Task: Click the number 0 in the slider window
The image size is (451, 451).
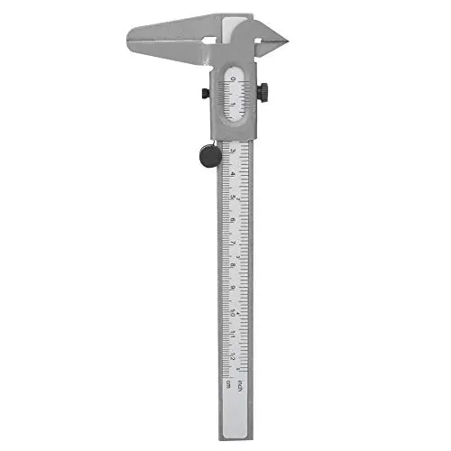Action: [x=232, y=80]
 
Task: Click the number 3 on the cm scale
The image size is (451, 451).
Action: [x=233, y=152]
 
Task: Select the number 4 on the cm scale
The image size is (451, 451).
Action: [x=233, y=174]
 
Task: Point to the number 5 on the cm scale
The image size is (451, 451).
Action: [x=233, y=198]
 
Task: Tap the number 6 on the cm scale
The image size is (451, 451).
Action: [x=233, y=220]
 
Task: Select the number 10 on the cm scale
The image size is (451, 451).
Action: [x=233, y=312]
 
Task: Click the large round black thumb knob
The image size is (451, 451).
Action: [x=207, y=156]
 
